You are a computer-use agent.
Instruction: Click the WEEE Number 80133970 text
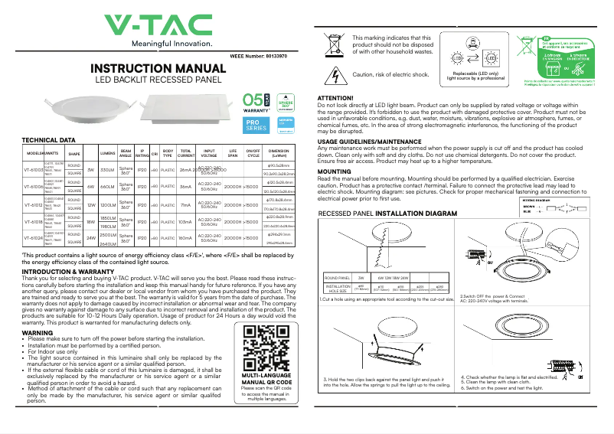coord(259,56)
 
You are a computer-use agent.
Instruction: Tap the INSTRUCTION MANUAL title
coord(158,69)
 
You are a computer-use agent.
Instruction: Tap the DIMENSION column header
coord(278,152)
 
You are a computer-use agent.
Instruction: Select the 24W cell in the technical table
coord(90,238)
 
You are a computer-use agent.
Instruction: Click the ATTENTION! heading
coord(335,98)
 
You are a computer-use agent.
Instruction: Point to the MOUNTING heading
coord(334,171)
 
